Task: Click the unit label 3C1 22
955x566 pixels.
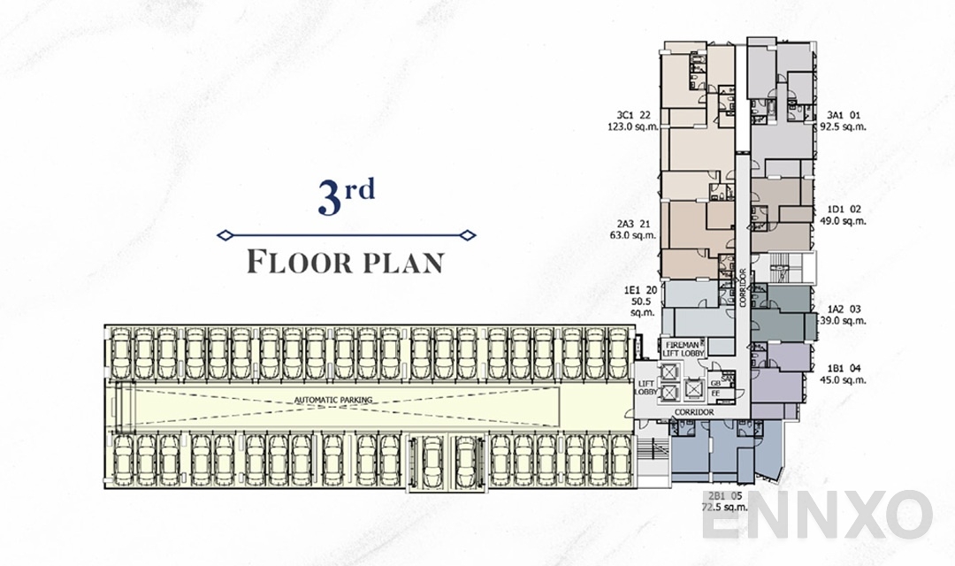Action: click(634, 114)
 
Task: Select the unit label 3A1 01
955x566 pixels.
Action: click(842, 114)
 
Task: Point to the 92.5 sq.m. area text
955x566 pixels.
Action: click(842, 126)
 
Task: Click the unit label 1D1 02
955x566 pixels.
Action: click(844, 210)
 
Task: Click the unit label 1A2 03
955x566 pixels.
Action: click(844, 310)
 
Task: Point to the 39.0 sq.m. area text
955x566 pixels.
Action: click(844, 321)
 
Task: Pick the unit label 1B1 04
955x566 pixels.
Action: click(844, 367)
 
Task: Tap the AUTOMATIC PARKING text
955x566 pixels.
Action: click(333, 400)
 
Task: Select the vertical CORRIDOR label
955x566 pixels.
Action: click(743, 287)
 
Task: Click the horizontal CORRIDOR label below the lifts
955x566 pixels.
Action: click(692, 412)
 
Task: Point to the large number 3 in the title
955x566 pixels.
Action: click(330, 198)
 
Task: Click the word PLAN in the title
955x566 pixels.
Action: click(398, 263)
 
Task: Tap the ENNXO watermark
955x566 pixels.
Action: click(818, 516)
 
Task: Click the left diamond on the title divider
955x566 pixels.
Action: click(225, 235)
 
